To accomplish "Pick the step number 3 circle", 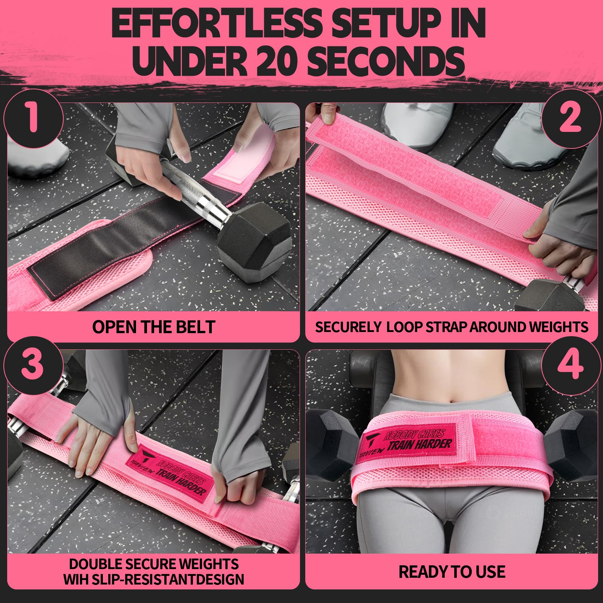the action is pyautogui.click(x=33, y=365).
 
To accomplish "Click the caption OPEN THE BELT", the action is pyautogui.click(x=153, y=327).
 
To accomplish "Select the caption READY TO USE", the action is pyautogui.click(x=452, y=572).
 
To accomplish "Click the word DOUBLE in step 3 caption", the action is pyautogui.click(x=101, y=564).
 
